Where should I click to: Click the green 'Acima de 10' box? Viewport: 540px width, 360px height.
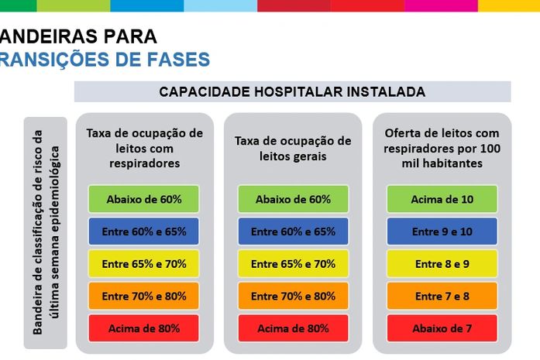[442, 199]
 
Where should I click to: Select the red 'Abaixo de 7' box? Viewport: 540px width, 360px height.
[442, 328]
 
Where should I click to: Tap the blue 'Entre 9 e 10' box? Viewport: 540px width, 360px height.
[442, 231]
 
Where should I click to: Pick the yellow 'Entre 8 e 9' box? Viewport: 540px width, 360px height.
[442, 264]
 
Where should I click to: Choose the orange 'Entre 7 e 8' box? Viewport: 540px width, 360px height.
[442, 297]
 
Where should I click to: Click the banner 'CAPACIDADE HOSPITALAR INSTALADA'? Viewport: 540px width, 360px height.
[292, 91]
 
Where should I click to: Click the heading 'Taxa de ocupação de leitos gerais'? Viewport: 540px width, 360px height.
[293, 149]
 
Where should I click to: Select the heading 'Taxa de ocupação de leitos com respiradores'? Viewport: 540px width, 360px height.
[144, 148]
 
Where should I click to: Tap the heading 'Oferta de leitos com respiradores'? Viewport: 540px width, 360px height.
[442, 148]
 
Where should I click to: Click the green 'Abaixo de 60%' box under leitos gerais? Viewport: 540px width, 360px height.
[293, 199]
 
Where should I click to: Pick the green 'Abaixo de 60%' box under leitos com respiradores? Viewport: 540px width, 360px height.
[144, 199]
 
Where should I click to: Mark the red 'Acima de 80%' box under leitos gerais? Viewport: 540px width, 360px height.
[293, 328]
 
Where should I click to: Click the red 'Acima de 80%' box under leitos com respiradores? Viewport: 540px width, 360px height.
[144, 328]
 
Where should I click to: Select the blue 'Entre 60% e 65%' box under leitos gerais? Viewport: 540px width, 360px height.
[293, 231]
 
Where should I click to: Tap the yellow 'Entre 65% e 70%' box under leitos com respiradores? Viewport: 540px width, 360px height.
[144, 264]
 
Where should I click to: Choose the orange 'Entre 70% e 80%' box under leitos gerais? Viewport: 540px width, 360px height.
[293, 297]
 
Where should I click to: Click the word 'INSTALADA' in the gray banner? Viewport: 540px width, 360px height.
[390, 91]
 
